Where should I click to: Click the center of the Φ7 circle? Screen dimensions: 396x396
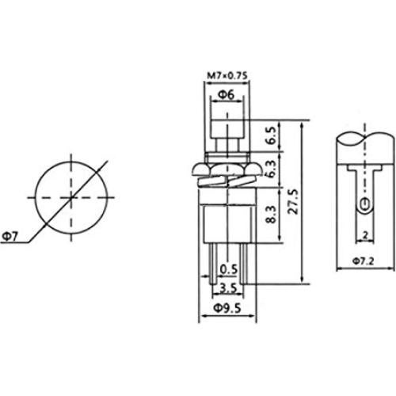click(x=70, y=196)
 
